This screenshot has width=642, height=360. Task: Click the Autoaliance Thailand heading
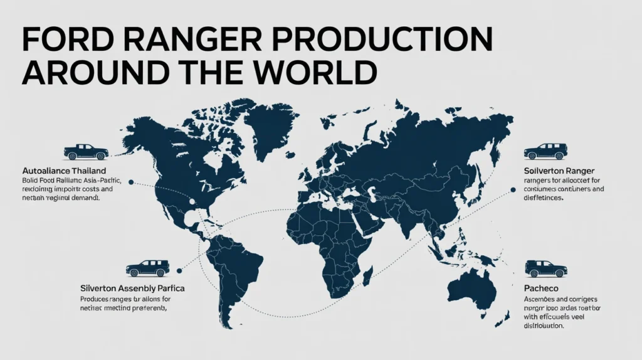tap(63, 171)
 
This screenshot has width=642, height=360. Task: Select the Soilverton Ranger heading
tap(559, 171)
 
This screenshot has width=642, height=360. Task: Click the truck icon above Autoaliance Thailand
tap(86, 151)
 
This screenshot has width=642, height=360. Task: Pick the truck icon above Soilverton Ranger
tap(545, 151)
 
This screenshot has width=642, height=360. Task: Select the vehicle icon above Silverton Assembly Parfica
tap(147, 268)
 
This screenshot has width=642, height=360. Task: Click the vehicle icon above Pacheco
tap(545, 268)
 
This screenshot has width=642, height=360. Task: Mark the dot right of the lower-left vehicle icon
tap(179, 270)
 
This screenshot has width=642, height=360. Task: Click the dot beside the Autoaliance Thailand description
tap(130, 182)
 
